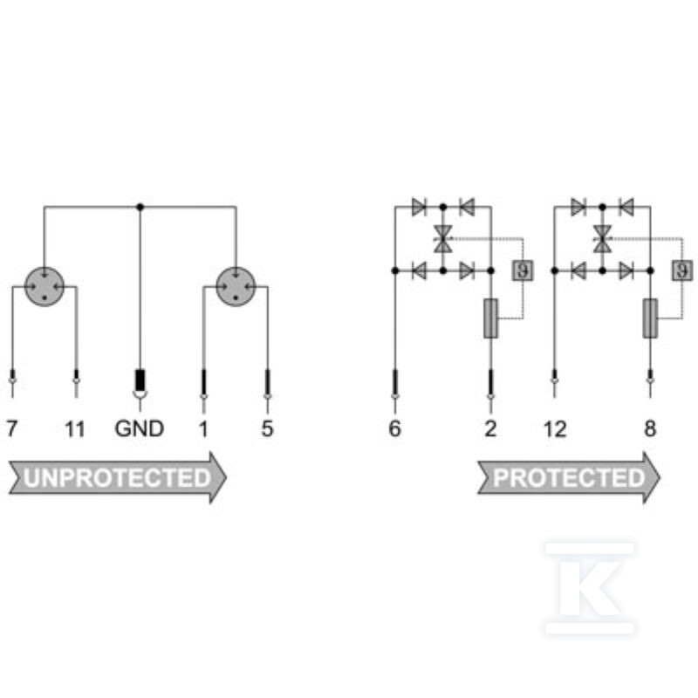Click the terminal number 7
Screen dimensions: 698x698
pyautogui.click(x=11, y=428)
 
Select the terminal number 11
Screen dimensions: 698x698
pyautogui.click(x=74, y=429)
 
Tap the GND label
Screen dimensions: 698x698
pyautogui.click(x=140, y=428)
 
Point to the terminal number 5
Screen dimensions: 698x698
pyautogui.click(x=267, y=428)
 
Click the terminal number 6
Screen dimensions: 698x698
pyautogui.click(x=395, y=428)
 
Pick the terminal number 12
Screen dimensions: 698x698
pyautogui.click(x=555, y=429)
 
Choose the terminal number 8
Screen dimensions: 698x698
pyautogui.click(x=650, y=428)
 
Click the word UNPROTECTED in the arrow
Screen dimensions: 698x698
pyautogui.click(x=117, y=478)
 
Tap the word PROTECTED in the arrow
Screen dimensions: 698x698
pyautogui.click(x=569, y=478)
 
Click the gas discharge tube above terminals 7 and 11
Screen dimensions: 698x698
pyautogui.click(x=44, y=287)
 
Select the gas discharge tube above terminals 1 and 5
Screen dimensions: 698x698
pyautogui.click(x=236, y=287)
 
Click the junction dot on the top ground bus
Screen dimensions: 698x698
pyautogui.click(x=140, y=207)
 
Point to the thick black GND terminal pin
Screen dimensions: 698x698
pyautogui.click(x=140, y=380)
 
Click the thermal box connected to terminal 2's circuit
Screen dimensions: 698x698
pyautogui.click(x=523, y=270)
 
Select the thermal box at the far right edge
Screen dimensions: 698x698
pyautogui.click(x=682, y=270)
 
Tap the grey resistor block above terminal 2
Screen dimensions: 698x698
pyautogui.click(x=490, y=318)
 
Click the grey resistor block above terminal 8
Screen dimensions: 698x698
pyautogui.click(x=650, y=318)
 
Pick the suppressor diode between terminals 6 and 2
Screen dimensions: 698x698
pyautogui.click(x=443, y=239)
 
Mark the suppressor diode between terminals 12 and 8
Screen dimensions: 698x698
pyautogui.click(x=602, y=239)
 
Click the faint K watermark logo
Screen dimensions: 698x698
pyautogui.click(x=590, y=588)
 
